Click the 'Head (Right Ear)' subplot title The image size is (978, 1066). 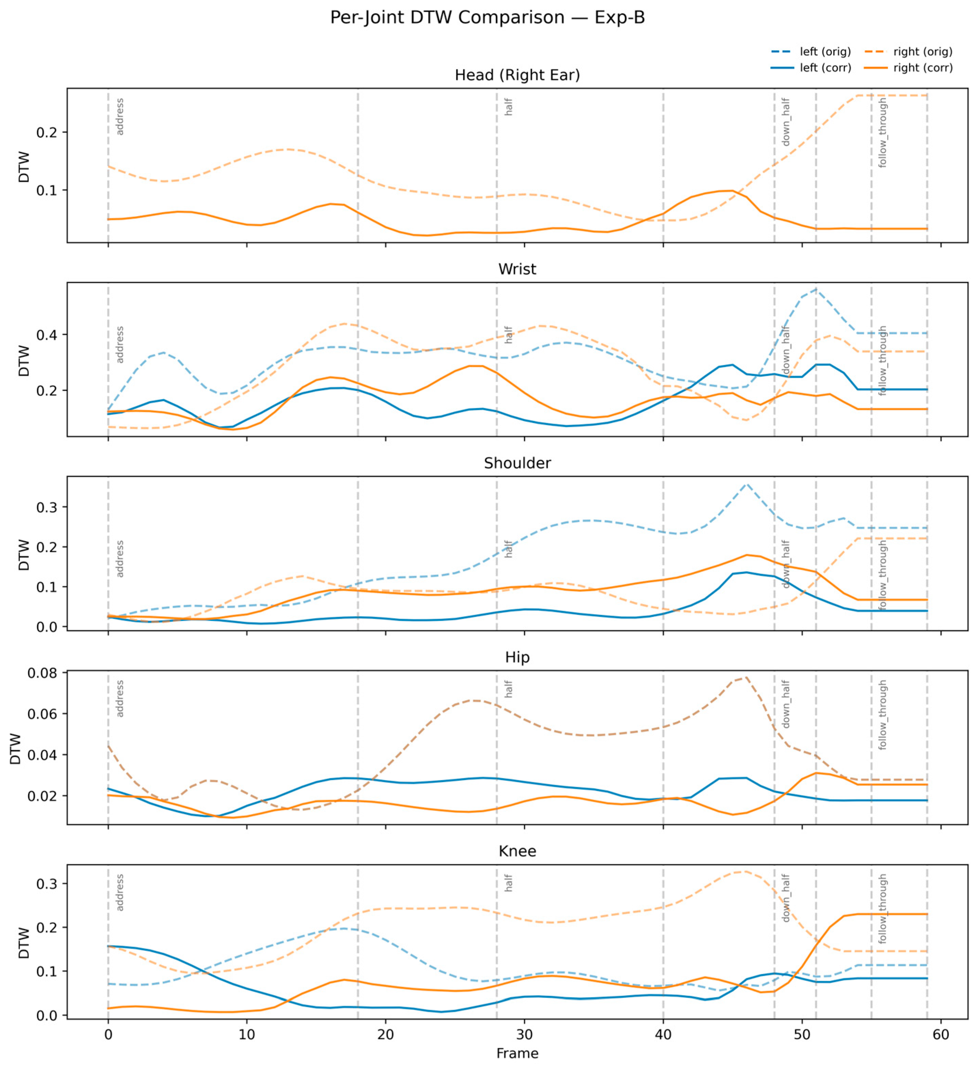coord(517,75)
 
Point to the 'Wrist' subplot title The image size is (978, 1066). coord(517,269)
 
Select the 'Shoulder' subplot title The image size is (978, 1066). coord(517,463)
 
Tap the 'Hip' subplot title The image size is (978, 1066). coord(517,657)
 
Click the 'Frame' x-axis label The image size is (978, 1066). coord(517,1053)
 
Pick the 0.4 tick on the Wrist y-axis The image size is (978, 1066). coord(46,335)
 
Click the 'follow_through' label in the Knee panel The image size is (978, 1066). coord(882,909)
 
